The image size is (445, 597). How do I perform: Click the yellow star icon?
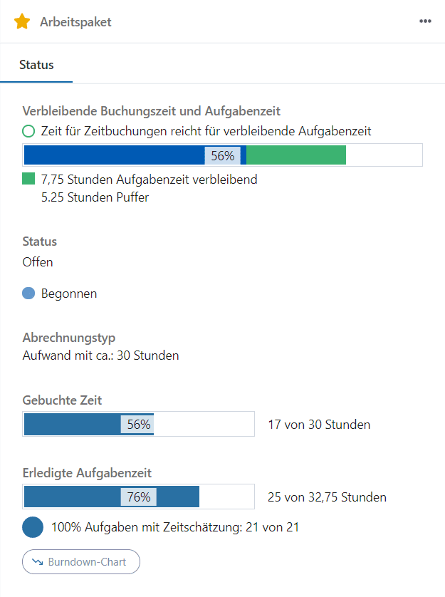click(22, 21)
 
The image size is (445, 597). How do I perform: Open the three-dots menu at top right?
click(425, 21)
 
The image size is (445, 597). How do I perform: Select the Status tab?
click(36, 65)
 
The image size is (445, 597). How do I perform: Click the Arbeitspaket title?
click(75, 22)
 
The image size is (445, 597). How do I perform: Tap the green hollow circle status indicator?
click(28, 131)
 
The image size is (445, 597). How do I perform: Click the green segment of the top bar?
click(295, 155)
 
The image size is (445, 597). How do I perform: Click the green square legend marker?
click(28, 179)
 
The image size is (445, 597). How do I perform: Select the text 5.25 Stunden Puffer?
click(95, 197)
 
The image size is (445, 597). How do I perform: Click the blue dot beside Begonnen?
click(28, 293)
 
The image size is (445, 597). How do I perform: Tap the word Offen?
click(38, 261)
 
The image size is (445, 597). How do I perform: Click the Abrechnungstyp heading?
click(69, 338)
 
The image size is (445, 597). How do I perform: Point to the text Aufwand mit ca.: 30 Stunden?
click(100, 355)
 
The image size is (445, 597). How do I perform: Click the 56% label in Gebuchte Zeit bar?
click(139, 425)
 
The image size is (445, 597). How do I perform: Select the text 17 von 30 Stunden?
click(319, 425)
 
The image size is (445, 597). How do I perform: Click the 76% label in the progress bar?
click(138, 497)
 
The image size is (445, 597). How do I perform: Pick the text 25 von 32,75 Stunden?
click(327, 497)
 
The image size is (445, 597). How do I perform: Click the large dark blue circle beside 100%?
click(33, 528)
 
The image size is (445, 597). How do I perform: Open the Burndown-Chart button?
click(81, 562)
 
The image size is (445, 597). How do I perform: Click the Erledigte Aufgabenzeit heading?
click(87, 472)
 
